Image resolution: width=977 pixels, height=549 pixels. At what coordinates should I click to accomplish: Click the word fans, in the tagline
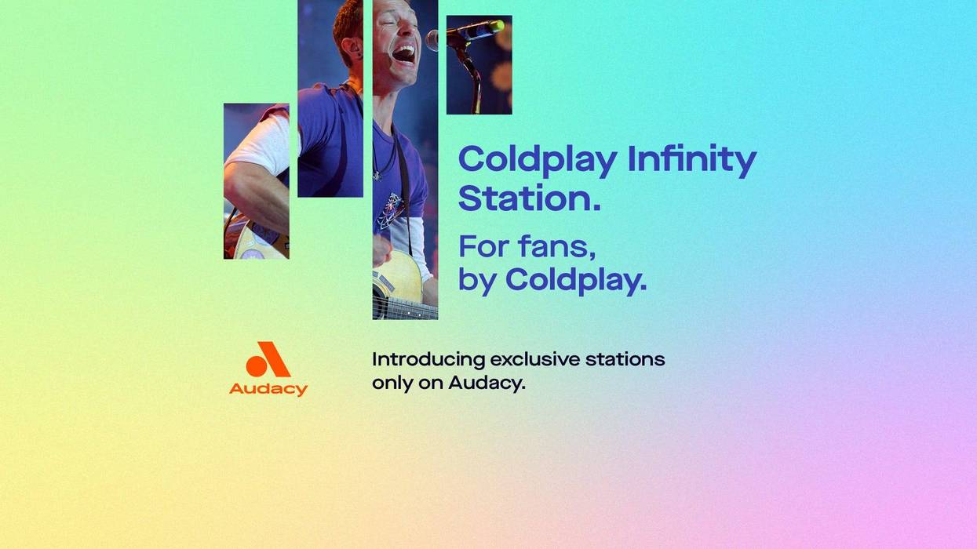click(x=556, y=246)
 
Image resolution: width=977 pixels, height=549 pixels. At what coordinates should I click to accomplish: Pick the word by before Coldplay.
click(x=477, y=280)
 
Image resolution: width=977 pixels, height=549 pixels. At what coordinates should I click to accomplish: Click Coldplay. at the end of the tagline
click(x=576, y=280)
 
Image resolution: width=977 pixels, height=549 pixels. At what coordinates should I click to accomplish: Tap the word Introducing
click(x=428, y=360)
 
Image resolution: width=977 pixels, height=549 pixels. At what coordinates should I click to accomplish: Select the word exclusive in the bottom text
click(x=534, y=359)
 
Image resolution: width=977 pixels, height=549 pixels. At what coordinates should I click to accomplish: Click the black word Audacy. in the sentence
click(x=486, y=384)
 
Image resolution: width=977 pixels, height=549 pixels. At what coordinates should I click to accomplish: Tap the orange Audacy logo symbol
click(x=268, y=360)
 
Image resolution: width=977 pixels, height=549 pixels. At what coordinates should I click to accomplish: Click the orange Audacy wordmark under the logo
click(x=268, y=389)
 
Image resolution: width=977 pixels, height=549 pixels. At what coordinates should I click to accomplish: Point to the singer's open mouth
click(x=403, y=53)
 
